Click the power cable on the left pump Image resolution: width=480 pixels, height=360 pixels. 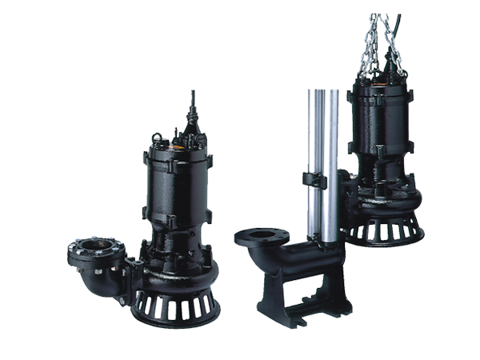tap(191, 102)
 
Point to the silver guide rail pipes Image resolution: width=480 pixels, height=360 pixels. tap(324, 160)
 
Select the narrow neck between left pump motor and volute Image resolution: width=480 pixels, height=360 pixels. tap(178, 240)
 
